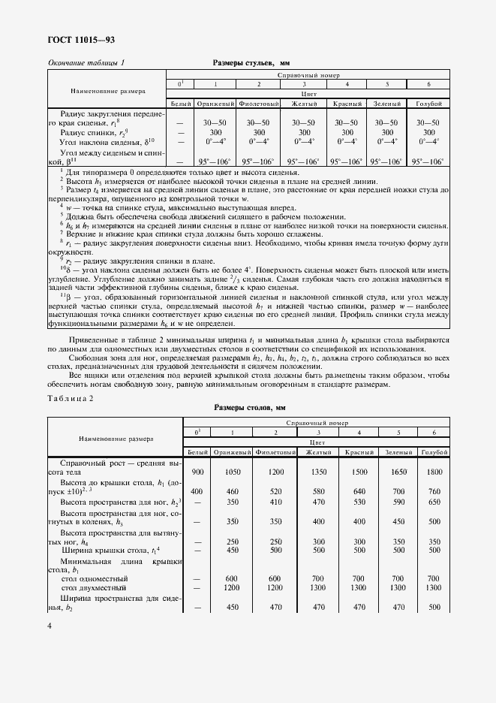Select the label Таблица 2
pos(71,398)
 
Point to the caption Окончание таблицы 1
pos(86,65)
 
